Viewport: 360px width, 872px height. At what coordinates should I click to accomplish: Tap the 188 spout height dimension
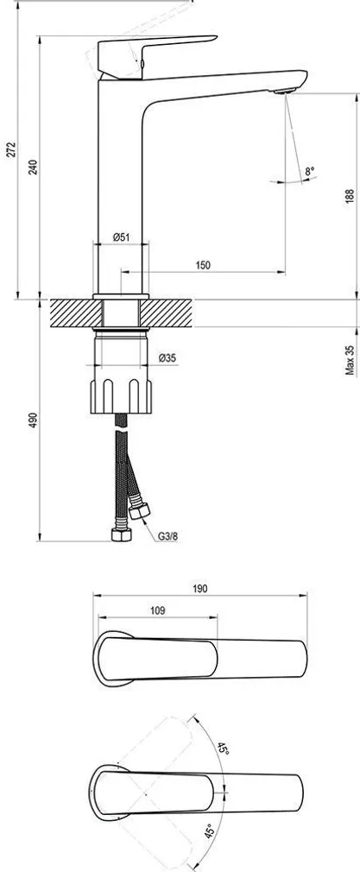click(350, 196)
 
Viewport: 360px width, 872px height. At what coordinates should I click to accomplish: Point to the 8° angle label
click(308, 173)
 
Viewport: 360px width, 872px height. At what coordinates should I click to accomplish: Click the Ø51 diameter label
click(122, 237)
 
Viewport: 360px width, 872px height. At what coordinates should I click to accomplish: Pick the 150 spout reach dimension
click(203, 265)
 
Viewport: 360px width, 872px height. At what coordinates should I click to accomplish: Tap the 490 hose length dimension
click(33, 420)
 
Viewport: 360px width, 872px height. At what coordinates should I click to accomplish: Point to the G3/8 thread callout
click(167, 535)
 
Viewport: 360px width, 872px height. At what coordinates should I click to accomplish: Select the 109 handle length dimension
click(156, 610)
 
